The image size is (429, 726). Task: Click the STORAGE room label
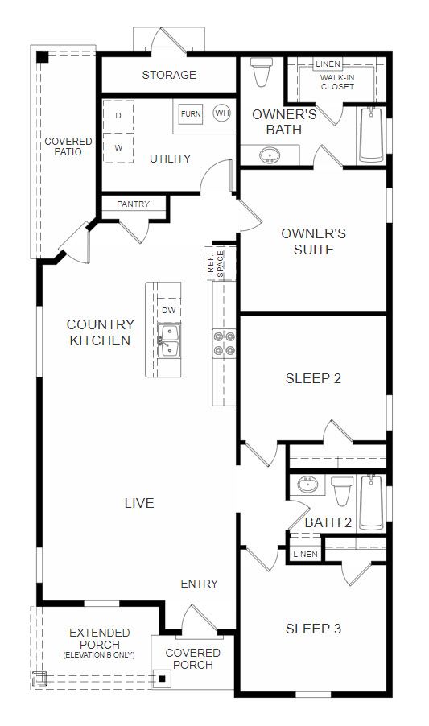click(169, 75)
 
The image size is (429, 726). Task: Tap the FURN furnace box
click(191, 113)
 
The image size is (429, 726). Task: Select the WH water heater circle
click(222, 113)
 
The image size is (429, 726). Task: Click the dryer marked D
click(118, 115)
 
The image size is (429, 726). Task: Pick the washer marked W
click(118, 148)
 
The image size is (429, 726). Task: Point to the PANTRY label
click(134, 204)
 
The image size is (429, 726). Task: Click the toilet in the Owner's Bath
click(262, 72)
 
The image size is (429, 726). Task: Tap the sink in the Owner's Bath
click(269, 155)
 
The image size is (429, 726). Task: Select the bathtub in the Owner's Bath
click(372, 134)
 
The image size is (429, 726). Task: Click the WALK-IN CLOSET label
click(338, 82)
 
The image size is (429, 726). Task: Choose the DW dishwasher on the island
click(169, 310)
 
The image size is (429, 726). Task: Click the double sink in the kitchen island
click(169, 340)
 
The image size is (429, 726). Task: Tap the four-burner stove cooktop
click(224, 344)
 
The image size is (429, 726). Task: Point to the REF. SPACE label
click(216, 264)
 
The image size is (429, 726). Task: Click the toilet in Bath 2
click(342, 491)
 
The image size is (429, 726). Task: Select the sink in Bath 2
click(307, 485)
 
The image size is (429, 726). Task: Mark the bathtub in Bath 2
click(372, 502)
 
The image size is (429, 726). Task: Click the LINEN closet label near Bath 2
click(305, 554)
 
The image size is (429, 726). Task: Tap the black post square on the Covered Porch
click(162, 679)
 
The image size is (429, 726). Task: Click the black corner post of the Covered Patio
click(42, 57)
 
